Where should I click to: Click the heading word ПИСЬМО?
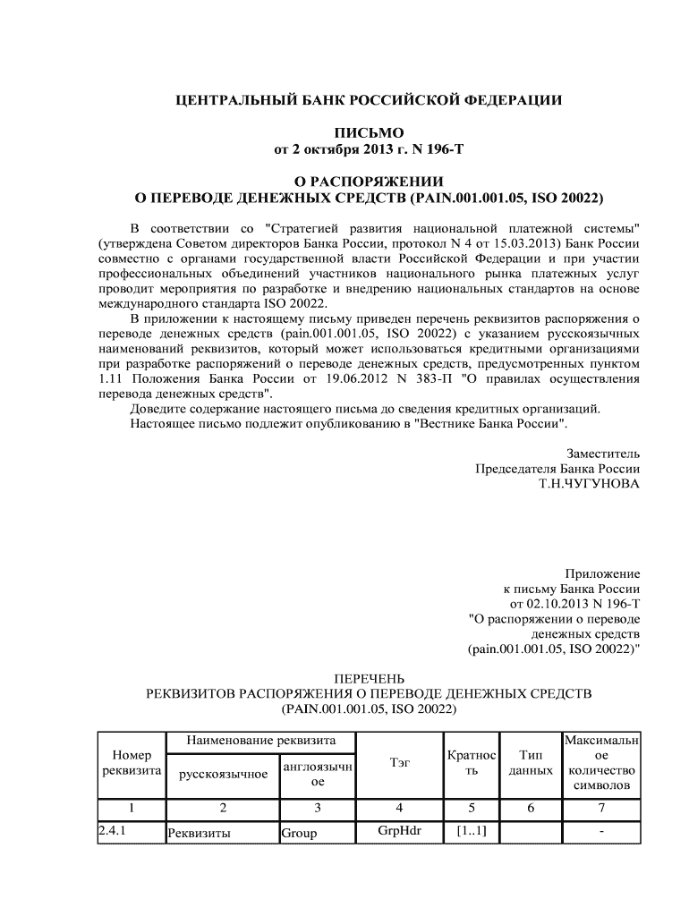pos(368,133)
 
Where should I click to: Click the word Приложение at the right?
pos(602,572)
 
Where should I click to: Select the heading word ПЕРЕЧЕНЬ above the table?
pos(368,678)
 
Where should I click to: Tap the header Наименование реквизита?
pos(260,741)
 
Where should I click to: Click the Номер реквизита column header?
pos(131,763)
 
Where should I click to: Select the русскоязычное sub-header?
pos(223,775)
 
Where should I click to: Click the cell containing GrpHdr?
pos(400,831)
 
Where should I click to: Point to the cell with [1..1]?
pos(471,832)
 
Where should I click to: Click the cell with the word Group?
pos(299,833)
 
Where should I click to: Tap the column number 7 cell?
pos(601,808)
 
